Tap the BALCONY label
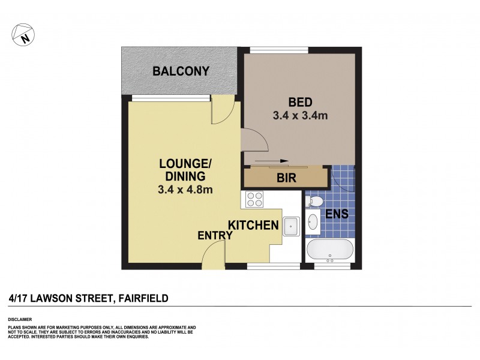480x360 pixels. (x=181, y=71)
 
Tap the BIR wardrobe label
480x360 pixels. (x=286, y=178)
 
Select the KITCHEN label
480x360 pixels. (x=253, y=226)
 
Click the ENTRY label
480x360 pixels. (x=215, y=236)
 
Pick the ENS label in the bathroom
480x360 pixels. (x=337, y=213)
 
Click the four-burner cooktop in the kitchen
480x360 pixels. (x=254, y=199)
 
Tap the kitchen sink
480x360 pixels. (x=291, y=226)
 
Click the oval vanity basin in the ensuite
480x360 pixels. (x=313, y=223)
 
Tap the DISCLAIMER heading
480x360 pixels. (x=20, y=319)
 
